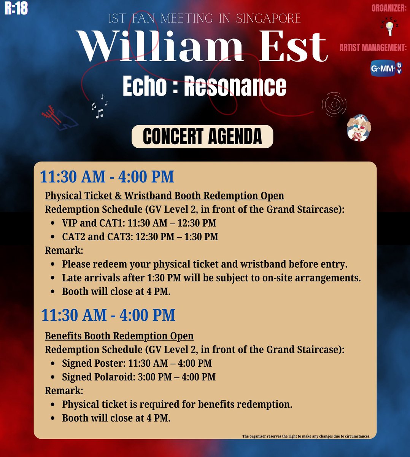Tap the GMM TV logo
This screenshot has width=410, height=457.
[x=386, y=69]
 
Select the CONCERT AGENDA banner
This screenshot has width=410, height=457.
[x=202, y=137]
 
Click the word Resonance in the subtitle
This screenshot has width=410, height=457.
[x=235, y=86]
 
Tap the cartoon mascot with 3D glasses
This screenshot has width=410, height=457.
[x=359, y=128]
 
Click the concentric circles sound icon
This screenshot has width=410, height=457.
[x=334, y=104]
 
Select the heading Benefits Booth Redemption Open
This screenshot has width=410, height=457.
[x=119, y=336]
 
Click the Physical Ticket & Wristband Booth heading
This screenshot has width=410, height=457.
[x=164, y=196]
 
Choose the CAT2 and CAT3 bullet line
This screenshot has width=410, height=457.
[x=140, y=237]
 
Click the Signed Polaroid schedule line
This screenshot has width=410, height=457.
[x=138, y=377]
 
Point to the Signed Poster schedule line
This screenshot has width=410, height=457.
[x=137, y=363]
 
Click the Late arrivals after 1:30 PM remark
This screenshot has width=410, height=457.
[x=211, y=278]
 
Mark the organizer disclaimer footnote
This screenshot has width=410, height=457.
[x=306, y=436]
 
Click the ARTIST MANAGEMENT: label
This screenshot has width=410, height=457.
[x=373, y=48]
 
